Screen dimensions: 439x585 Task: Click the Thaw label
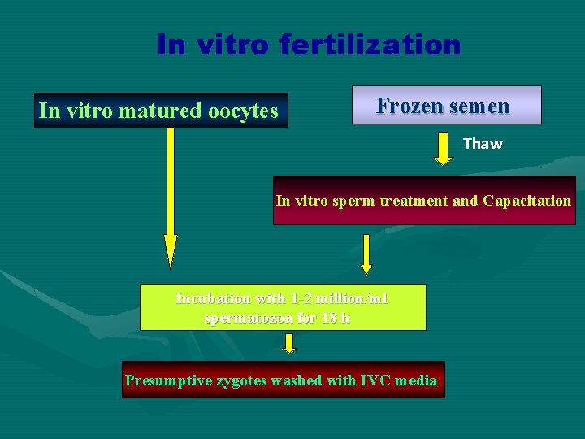click(483, 144)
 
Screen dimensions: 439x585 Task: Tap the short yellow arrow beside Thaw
click(443, 147)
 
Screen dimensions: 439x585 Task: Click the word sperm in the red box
click(352, 200)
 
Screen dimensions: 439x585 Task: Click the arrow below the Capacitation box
click(366, 254)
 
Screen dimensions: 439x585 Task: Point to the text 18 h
click(336, 317)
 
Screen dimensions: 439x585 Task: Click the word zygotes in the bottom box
click(243, 380)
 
